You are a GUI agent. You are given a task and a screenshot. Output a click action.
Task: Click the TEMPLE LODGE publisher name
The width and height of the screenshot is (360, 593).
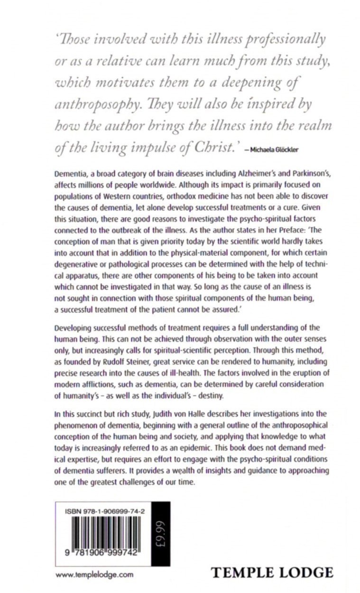click(272, 572)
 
